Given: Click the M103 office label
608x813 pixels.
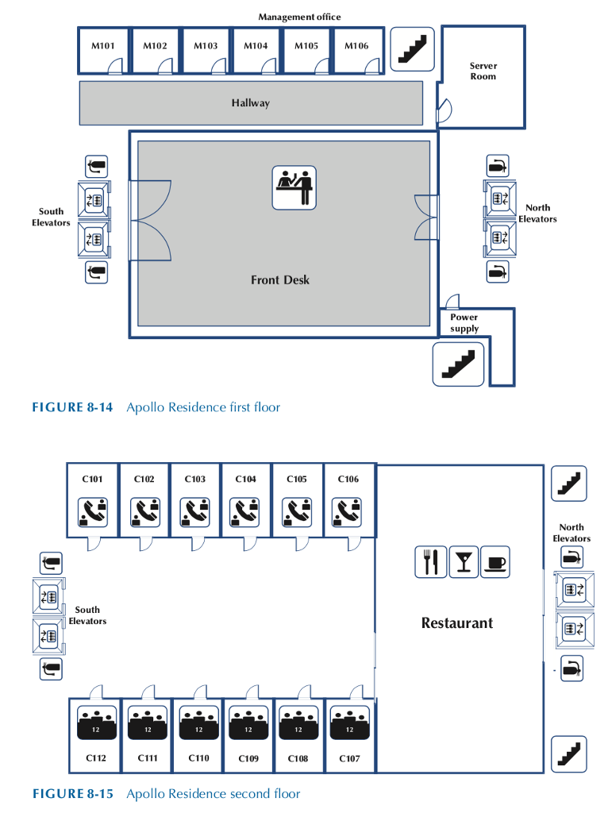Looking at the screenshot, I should (206, 46).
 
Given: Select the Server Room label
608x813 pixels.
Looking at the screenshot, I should (483, 71).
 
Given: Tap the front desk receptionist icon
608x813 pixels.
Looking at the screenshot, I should (294, 187).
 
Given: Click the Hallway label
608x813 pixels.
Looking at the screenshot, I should (251, 103).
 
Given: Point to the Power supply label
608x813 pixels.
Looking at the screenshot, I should (464, 322).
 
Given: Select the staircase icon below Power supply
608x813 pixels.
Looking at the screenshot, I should (457, 364).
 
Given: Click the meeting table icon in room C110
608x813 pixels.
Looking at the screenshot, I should (198, 723).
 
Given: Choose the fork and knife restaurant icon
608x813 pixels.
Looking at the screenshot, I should (431, 562).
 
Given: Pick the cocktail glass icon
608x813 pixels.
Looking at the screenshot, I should (464, 562).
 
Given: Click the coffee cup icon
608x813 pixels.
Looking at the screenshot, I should (495, 562).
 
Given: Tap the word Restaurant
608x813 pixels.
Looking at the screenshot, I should (457, 623).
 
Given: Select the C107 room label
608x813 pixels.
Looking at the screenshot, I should (349, 759).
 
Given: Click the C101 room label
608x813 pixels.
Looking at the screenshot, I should (93, 480).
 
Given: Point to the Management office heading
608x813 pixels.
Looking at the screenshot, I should (299, 17).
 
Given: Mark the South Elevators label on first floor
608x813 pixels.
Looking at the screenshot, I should (52, 217).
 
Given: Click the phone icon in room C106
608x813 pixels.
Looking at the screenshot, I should (347, 512).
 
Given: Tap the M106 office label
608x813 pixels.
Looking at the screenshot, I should (356, 46).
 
